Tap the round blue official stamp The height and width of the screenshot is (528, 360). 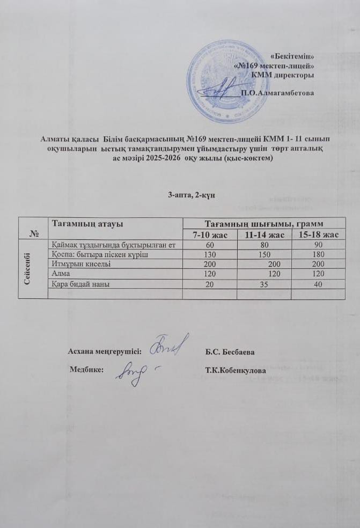pos(220,80)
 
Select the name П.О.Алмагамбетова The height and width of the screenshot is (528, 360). pos(277,92)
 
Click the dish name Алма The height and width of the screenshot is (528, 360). pos(58,274)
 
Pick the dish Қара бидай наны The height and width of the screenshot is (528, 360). pos(80,283)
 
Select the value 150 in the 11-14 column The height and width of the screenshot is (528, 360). pos(263,254)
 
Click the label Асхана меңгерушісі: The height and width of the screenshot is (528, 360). pos(105,351)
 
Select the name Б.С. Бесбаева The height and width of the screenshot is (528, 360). pos(230,352)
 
